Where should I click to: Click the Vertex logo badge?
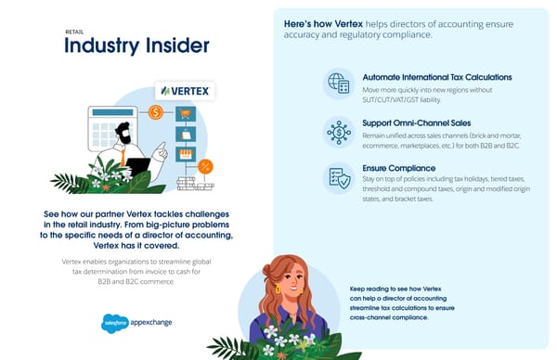(184, 91)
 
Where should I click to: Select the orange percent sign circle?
(206, 166)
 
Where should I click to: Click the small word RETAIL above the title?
(74, 31)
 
